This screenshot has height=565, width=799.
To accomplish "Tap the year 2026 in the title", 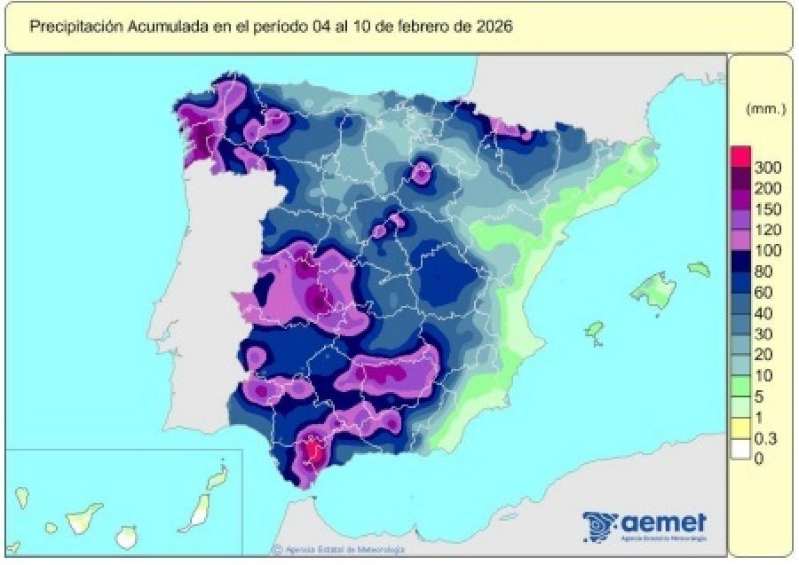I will (x=493, y=26).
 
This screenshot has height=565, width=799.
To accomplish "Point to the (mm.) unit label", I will (x=765, y=109).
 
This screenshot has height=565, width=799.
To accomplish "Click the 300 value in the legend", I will (x=767, y=167).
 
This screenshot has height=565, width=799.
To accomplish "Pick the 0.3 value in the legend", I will (x=765, y=438).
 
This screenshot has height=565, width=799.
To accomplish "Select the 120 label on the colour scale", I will (x=767, y=229).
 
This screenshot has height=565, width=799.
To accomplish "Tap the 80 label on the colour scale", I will (x=764, y=271).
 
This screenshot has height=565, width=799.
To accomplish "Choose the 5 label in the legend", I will (x=760, y=396).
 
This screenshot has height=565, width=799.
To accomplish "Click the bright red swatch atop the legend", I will (x=740, y=156).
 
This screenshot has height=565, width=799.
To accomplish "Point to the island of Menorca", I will (x=700, y=269).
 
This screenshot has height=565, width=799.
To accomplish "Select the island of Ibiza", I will (x=594, y=330).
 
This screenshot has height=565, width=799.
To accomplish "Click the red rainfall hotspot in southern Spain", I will (x=313, y=453).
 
